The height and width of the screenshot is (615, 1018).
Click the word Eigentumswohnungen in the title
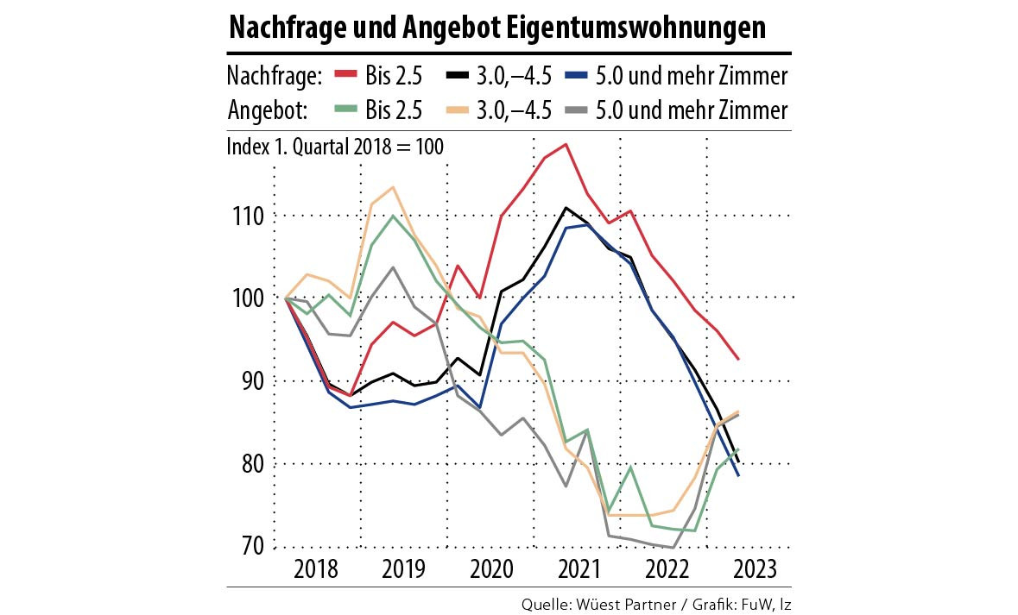[638, 28]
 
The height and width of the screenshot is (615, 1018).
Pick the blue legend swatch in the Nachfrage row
[578, 76]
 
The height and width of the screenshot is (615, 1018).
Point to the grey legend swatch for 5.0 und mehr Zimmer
[578, 110]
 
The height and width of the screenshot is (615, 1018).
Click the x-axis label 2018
[317, 570]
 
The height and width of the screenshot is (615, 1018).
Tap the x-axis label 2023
[754, 570]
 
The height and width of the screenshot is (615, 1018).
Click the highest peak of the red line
[566, 144]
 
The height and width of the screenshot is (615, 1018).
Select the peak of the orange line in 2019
[393, 187]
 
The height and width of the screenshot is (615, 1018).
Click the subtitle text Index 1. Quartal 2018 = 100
[335, 147]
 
